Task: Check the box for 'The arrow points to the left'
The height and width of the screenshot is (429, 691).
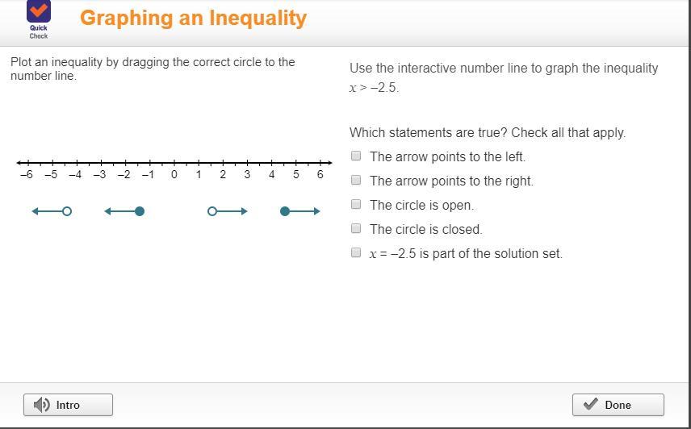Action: [x=356, y=156]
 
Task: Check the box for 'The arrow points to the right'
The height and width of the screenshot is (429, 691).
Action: [x=356, y=180]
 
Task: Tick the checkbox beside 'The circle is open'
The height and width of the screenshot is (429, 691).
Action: [x=356, y=204]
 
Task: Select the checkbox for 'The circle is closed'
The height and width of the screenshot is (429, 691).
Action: [x=356, y=228]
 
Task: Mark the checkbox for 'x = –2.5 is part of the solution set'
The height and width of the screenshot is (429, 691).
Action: [x=356, y=252]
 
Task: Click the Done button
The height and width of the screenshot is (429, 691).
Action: [x=618, y=405]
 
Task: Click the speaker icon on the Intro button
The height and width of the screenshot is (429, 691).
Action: [x=42, y=405]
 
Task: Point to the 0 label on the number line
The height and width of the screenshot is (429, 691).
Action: [x=174, y=175]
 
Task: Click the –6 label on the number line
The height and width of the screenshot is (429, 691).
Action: [x=27, y=175]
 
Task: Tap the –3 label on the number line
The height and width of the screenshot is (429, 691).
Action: [x=99, y=175]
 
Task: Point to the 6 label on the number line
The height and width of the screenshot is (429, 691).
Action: [x=320, y=175]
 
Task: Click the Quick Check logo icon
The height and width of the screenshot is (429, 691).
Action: [x=39, y=11]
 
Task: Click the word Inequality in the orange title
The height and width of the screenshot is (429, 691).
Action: [x=258, y=19]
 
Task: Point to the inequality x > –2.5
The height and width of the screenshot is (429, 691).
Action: [x=374, y=88]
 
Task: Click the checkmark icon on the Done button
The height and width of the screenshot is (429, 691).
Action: [x=591, y=404]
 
